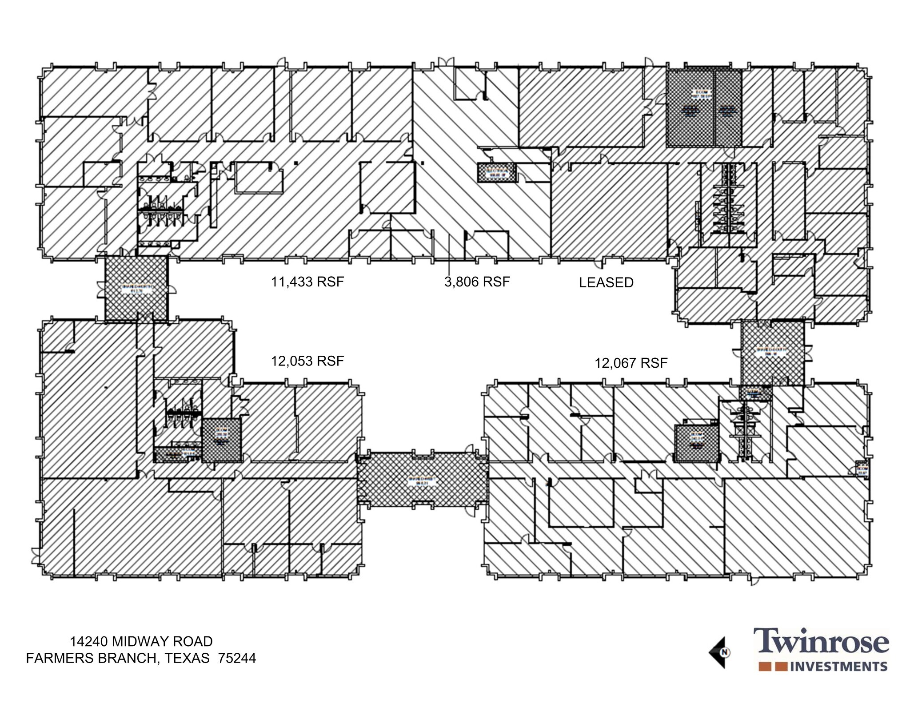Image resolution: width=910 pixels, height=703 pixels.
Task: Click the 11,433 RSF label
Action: click(307, 282)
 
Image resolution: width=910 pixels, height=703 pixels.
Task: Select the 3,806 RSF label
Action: click(477, 282)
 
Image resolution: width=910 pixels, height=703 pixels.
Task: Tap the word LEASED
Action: click(606, 282)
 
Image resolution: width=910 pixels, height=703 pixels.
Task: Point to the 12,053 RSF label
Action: click(307, 361)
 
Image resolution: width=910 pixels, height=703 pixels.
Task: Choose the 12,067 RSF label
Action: click(631, 363)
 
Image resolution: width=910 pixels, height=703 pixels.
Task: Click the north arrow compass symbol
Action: click(718, 652)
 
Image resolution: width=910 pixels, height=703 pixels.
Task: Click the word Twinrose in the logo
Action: click(821, 642)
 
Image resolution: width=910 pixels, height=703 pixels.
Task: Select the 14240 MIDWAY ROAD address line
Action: click(141, 641)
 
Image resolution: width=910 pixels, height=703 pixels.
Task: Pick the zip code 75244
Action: click(237, 658)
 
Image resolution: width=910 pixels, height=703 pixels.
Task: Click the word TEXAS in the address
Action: click(187, 658)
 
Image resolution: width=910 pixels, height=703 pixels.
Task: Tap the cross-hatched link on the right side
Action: click(772, 353)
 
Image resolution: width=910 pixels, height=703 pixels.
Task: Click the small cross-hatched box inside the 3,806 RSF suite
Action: click(497, 172)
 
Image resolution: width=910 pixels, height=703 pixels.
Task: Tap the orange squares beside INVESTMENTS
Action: click(773, 667)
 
